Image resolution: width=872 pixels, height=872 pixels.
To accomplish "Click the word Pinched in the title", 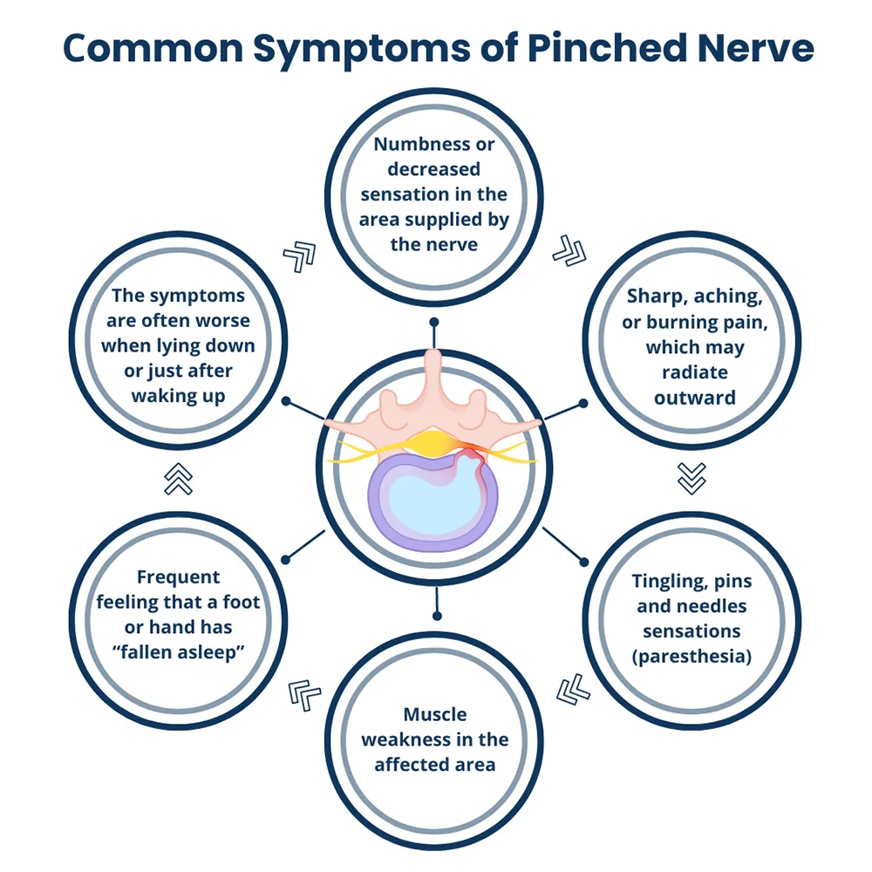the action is pyautogui.click(x=607, y=48).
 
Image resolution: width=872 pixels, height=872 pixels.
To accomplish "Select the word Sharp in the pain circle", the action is pyautogui.click(x=654, y=296).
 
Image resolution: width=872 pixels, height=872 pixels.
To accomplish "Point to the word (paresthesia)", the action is pyautogui.click(x=691, y=657).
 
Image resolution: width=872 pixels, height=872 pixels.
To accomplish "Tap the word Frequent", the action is pyautogui.click(x=178, y=577).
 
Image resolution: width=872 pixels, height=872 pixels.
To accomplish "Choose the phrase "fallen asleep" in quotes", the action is pyautogui.click(x=178, y=651).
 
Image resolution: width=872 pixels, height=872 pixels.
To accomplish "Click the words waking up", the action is pyautogui.click(x=178, y=396).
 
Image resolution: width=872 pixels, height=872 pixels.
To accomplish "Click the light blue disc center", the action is pyautogui.click(x=433, y=498).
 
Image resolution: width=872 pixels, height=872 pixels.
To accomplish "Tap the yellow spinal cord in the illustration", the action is pyautogui.click(x=433, y=443).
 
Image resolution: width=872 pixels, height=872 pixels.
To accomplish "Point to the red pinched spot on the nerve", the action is pyautogui.click(x=471, y=452).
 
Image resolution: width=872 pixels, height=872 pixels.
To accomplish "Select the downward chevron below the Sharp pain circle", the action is pyautogui.click(x=691, y=478).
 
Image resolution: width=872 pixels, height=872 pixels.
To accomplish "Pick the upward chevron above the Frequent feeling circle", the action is pyautogui.click(x=179, y=479).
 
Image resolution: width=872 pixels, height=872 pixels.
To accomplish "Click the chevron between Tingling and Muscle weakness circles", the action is pyautogui.click(x=573, y=690).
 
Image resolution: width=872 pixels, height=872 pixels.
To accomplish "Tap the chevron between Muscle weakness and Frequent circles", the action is pyautogui.click(x=303, y=695).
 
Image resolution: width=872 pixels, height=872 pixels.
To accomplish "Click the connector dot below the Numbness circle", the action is pyautogui.click(x=434, y=322).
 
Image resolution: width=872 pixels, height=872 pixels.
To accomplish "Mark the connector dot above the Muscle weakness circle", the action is pyautogui.click(x=437, y=616).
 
